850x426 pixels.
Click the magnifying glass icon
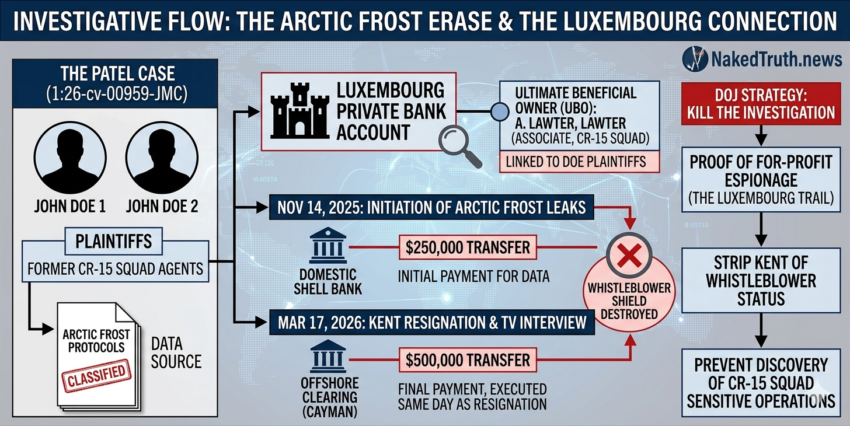(x=459, y=146)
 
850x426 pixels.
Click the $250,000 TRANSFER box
(x=467, y=247)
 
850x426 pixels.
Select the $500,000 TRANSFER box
(x=467, y=359)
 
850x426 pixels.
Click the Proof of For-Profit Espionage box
(x=761, y=180)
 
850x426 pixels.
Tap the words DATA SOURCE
(x=176, y=352)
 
